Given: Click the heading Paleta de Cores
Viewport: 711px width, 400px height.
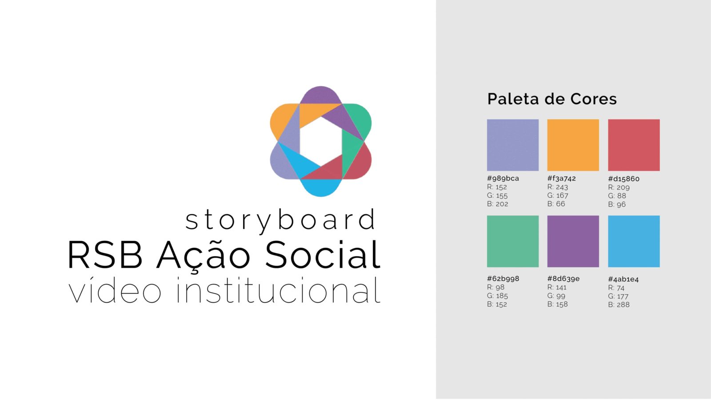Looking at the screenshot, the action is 552,99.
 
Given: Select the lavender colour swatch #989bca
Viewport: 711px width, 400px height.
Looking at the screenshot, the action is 513,145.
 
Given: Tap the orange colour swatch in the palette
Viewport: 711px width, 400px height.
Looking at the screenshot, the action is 573,145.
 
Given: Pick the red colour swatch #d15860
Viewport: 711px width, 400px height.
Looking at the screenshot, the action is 634,145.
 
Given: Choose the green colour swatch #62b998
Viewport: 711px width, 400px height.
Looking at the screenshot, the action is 513,241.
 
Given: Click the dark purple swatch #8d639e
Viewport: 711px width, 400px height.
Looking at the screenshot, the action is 573,241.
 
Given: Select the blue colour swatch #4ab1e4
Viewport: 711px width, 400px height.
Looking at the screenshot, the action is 634,241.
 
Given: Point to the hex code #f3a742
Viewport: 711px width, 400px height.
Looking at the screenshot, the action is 562,178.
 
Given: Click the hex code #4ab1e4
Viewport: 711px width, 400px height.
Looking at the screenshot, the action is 623,280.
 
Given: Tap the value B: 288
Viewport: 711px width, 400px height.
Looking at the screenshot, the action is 619,305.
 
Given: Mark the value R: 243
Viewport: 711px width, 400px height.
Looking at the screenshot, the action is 558,187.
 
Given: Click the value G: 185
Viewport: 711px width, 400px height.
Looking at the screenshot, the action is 497,296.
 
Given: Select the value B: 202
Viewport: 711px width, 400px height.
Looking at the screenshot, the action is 497,204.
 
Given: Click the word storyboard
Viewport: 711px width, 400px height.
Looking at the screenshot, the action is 280,220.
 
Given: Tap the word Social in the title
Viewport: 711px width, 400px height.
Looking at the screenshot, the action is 323,255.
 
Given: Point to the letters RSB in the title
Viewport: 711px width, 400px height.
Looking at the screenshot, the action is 105,255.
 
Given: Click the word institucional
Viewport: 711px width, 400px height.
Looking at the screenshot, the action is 278,290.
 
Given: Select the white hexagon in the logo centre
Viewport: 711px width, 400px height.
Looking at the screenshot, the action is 320,141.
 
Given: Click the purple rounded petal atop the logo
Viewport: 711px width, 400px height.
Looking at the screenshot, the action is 320,95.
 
